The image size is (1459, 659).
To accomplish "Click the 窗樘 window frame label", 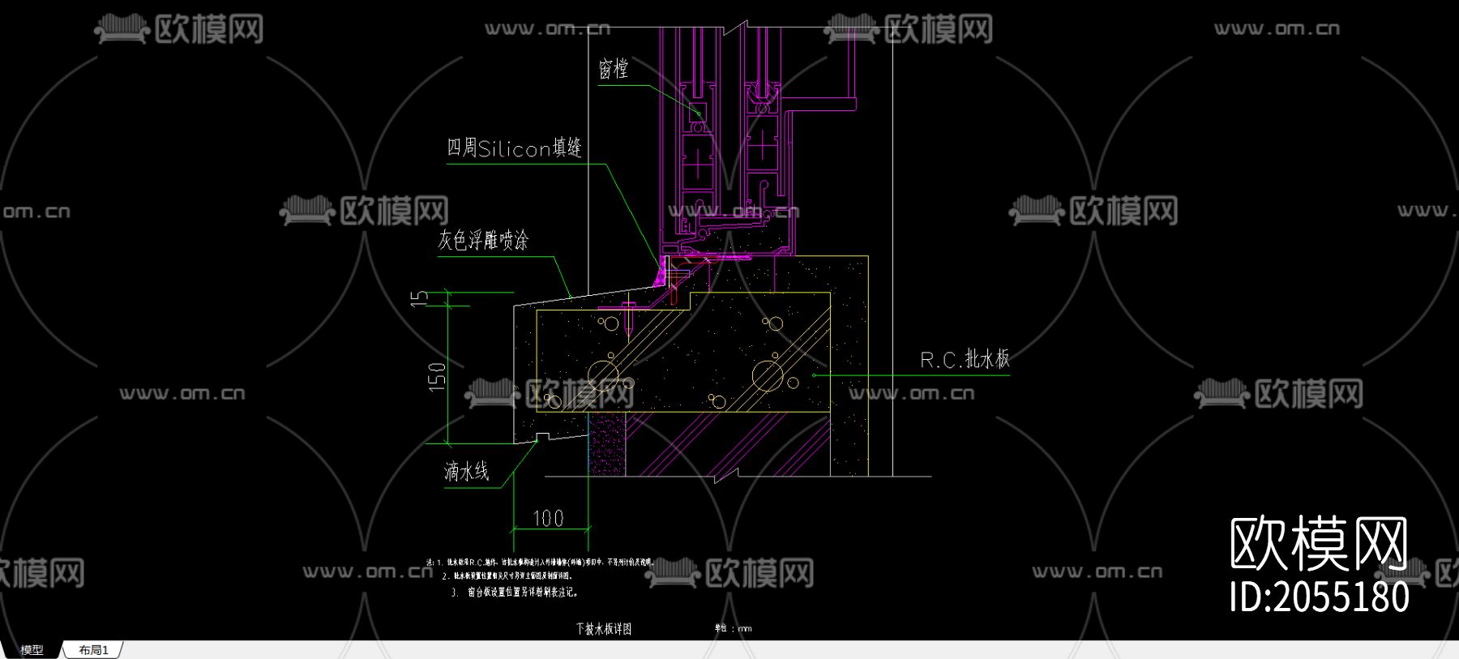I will pos(614,68).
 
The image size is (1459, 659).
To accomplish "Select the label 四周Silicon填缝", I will pos(514,148).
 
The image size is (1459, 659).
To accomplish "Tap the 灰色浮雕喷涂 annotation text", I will pos(483,240).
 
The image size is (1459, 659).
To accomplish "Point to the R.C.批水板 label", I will pos(965,359).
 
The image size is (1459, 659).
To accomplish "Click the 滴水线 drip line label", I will pos(466,471).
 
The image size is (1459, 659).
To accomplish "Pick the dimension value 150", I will pos(437,377).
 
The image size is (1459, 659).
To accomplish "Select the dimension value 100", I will pos(548,518).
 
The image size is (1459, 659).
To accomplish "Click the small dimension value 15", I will pos(419,298).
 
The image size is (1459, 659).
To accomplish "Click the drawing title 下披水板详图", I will pos(604,628).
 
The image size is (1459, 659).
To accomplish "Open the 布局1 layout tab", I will pos(93,650).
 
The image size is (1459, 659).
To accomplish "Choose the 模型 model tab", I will pos(32,650).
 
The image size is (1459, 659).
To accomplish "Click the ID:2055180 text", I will pos(1319,597).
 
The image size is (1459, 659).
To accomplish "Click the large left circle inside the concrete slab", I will pos(603,375).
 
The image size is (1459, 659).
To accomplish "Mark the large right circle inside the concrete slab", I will pos(767,375).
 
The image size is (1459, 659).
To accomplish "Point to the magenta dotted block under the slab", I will pos(607,443).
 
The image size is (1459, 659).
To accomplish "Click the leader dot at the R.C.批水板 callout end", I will pos(814,374).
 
